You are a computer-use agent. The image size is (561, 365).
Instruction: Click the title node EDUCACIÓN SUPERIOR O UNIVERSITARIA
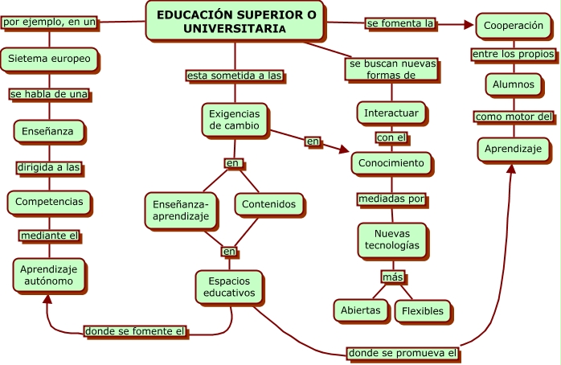point(235,21)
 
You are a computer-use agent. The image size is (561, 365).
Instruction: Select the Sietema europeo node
point(50,59)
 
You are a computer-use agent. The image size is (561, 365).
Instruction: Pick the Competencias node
point(49,201)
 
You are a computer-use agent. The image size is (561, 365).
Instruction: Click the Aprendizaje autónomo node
point(49,275)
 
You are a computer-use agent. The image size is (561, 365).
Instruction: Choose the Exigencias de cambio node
point(234,120)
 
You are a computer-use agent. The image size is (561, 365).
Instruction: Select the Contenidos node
point(269,204)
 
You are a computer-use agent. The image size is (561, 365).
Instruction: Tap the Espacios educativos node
point(229,287)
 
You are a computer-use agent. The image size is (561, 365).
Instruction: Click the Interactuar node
point(391,113)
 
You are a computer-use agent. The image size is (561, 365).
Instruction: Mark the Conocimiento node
point(391,163)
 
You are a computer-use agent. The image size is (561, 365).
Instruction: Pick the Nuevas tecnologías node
point(391,238)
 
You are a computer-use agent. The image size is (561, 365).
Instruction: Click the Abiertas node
point(360,310)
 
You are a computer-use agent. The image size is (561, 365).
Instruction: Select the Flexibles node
point(422,310)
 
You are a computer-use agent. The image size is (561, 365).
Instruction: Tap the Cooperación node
point(514,26)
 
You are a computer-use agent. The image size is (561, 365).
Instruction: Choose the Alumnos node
point(514,84)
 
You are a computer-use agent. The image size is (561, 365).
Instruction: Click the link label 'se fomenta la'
point(399,24)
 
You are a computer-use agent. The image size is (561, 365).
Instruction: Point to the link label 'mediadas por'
point(391,198)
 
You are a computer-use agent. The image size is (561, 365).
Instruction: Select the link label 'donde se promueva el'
point(403,352)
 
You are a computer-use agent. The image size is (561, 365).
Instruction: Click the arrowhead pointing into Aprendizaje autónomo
point(48,298)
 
